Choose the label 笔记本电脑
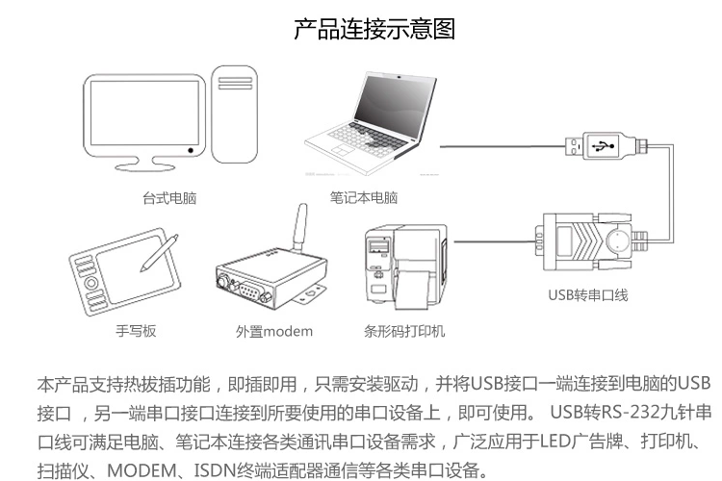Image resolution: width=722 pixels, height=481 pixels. (x=363, y=199)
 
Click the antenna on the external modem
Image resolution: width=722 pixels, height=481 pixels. (x=298, y=227)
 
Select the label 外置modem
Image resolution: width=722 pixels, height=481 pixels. (x=274, y=332)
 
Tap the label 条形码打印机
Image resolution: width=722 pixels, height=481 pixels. (x=403, y=332)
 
